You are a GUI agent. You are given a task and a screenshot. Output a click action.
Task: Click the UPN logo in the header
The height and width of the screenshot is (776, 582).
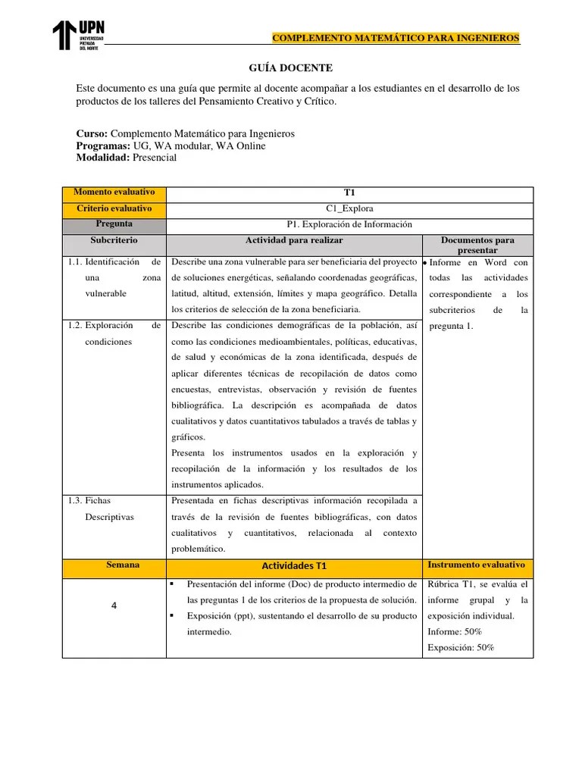pos(77,36)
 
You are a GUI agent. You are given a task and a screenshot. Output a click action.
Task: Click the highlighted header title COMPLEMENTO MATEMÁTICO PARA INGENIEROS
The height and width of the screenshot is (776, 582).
pos(396,38)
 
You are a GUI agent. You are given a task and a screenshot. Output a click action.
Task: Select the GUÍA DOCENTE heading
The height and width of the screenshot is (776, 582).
pos(291,68)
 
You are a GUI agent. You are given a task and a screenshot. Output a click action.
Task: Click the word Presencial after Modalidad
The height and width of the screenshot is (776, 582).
pos(154,158)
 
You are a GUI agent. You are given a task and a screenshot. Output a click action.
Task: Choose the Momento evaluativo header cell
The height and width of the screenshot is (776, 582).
pos(114,194)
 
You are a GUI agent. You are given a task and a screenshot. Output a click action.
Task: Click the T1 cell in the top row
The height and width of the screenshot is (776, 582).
pos(349,194)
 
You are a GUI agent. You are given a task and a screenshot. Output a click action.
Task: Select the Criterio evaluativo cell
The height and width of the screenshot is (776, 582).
pos(114,209)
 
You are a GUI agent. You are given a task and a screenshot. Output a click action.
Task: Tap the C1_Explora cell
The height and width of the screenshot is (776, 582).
pos(349,209)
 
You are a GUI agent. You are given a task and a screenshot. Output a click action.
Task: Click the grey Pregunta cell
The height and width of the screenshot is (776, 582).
pos(114,225)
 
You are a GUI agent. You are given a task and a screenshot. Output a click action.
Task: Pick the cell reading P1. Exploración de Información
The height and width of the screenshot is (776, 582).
pos(349,225)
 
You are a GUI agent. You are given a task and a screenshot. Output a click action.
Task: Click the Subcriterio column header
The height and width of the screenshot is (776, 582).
pos(114,240)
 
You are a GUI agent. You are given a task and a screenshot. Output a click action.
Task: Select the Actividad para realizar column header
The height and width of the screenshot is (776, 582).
pos(294,240)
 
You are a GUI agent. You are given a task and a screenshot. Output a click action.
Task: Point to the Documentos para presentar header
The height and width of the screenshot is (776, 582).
pos(477,245)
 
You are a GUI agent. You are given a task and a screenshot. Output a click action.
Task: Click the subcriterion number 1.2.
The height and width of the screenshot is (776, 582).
pos(74,326)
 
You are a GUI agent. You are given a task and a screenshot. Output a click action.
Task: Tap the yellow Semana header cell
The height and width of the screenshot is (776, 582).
pos(114,566)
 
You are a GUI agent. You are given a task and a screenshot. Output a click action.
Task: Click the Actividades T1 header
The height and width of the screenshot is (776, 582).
pos(294,567)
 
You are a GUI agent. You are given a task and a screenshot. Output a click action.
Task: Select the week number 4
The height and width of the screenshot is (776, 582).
pos(114,605)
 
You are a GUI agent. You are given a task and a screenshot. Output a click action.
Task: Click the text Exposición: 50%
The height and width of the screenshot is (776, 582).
pos(461,648)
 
